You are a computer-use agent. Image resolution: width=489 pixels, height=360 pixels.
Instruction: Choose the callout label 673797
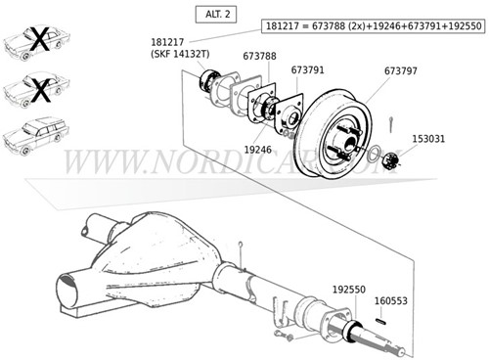tap(403, 70)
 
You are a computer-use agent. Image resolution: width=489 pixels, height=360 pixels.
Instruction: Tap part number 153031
tap(428, 139)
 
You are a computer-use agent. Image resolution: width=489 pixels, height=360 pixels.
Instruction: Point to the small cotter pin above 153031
tap(389, 120)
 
